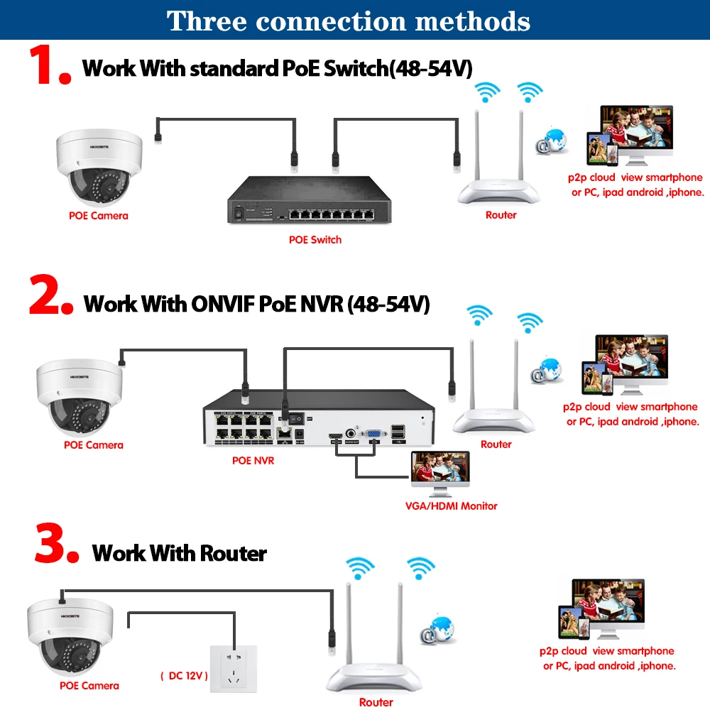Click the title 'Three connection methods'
[349, 21]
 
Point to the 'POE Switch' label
[315, 240]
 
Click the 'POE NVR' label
[253, 461]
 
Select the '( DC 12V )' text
[183, 675]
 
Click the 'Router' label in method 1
[501, 215]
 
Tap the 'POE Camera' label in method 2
[94, 445]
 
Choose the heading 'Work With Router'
[180, 552]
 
